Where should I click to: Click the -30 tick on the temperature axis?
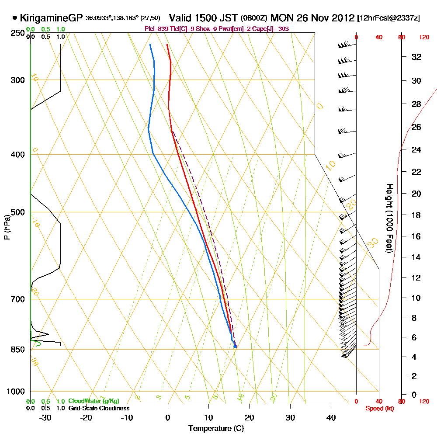click(45, 418)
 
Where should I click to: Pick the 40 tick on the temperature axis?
click(331, 418)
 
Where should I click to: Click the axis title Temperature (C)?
click(216, 429)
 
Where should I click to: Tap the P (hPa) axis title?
click(6, 227)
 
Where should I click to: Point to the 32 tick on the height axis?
click(416, 57)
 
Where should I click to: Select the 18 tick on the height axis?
click(416, 215)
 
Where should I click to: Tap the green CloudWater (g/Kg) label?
click(94, 401)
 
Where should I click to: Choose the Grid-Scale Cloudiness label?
click(99, 408)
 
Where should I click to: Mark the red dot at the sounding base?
click(236, 346)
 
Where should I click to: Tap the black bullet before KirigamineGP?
click(15, 18)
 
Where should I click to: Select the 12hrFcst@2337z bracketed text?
click(389, 18)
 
